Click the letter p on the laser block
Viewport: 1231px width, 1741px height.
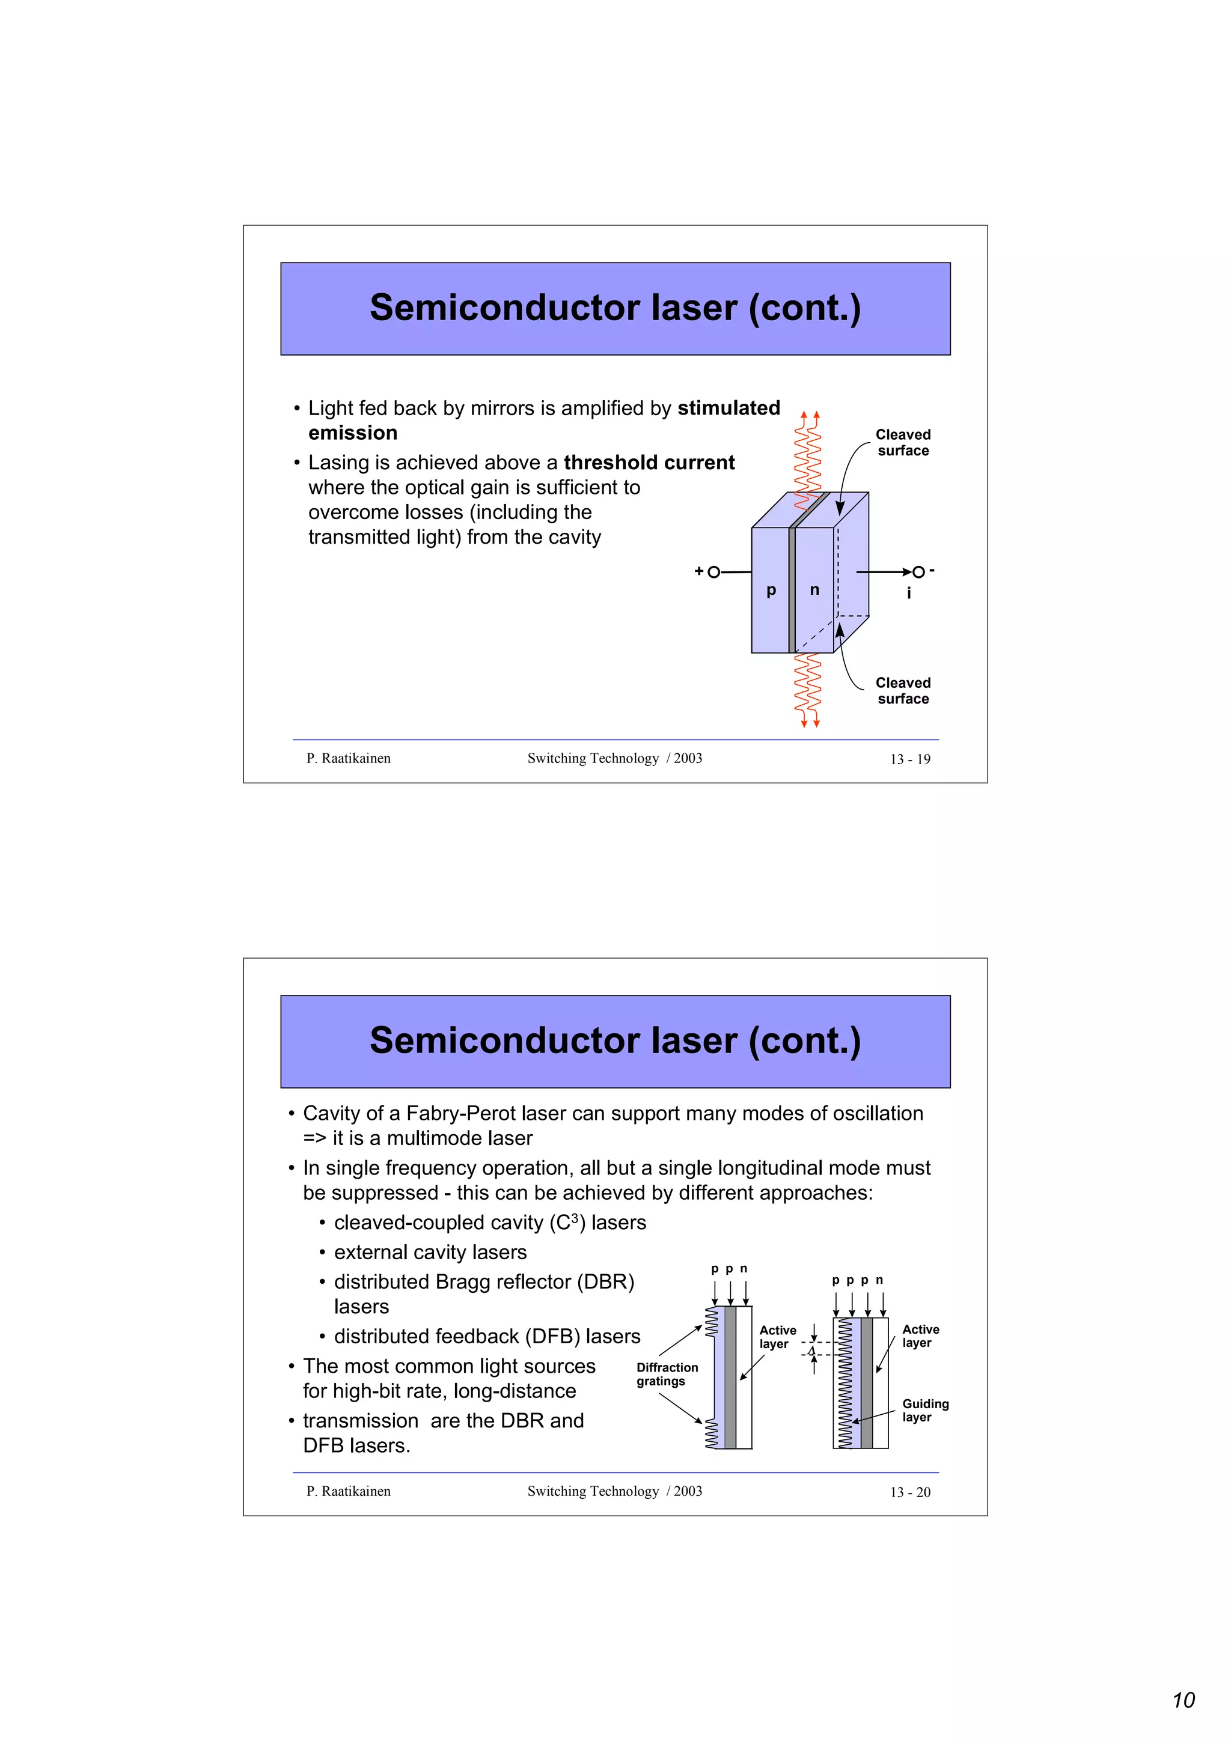[x=771, y=591]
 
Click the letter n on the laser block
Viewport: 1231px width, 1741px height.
[x=814, y=590]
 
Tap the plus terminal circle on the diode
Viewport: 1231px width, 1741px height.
[x=713, y=572]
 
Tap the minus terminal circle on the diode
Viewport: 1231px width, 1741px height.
[x=918, y=572]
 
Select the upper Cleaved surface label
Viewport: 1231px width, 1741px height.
[x=903, y=442]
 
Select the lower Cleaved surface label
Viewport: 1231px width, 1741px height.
[x=903, y=690]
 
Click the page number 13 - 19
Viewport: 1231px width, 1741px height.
[x=909, y=759]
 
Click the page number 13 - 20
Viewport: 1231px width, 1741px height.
[x=909, y=1492]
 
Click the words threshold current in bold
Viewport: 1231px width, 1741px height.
[x=649, y=463]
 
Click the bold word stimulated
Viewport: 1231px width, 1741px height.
[x=728, y=408]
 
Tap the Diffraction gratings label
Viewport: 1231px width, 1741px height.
[x=667, y=1374]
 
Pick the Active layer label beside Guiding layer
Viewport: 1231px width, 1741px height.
[x=920, y=1335]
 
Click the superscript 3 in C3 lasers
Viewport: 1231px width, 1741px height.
[x=575, y=1217]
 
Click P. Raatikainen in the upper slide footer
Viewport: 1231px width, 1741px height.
[x=348, y=758]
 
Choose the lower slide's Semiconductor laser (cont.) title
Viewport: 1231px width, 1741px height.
[x=614, y=1041]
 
